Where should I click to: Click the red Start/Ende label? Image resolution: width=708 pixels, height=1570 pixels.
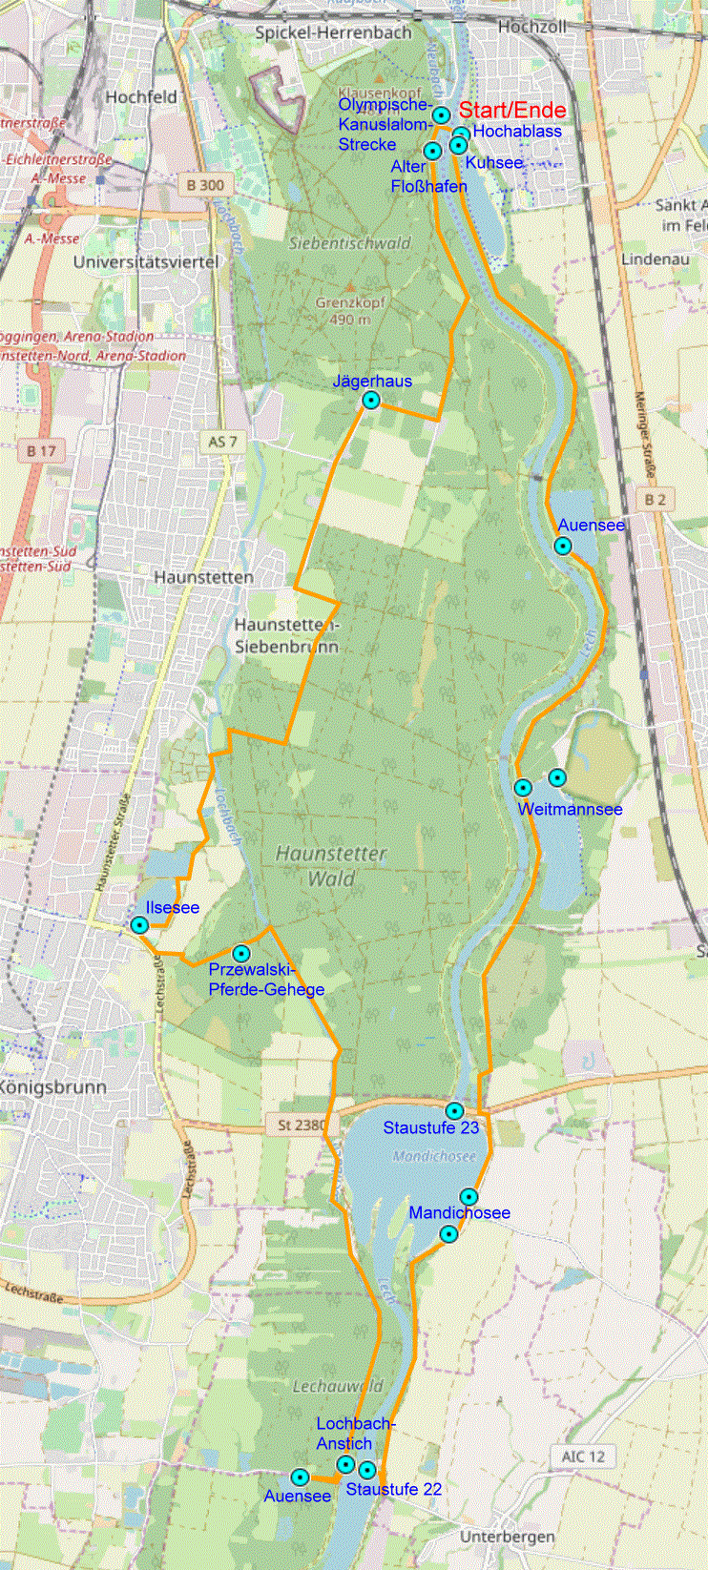click(512, 111)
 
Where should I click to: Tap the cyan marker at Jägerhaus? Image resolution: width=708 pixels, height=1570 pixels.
click(371, 401)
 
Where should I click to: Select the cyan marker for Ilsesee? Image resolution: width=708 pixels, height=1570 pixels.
click(139, 925)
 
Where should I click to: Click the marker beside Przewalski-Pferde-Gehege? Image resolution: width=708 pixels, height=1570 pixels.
click(241, 954)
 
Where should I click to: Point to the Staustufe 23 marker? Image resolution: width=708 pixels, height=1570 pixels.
click(454, 1111)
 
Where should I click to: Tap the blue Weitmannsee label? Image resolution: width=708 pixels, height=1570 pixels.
click(570, 809)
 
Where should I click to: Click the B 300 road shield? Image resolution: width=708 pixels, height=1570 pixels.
click(205, 185)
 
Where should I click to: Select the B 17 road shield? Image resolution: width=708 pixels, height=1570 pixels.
click(41, 450)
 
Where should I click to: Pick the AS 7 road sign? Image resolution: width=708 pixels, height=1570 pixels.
click(221, 442)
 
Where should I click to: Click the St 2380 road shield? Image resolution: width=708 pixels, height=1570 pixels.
click(302, 1126)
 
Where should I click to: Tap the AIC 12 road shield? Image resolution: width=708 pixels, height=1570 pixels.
click(583, 1456)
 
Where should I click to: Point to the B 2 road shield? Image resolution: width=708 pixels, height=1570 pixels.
click(655, 500)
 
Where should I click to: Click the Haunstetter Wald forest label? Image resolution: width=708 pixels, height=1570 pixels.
click(331, 866)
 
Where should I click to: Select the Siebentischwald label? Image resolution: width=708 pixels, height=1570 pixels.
click(349, 243)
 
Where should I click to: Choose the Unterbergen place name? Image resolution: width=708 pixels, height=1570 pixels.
click(507, 1537)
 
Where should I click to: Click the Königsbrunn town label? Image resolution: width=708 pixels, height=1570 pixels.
click(53, 1086)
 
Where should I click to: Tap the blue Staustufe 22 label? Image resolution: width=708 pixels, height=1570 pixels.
click(393, 1489)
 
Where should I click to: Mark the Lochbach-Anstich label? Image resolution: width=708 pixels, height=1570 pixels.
click(354, 1434)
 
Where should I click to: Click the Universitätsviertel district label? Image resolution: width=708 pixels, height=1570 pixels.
click(146, 261)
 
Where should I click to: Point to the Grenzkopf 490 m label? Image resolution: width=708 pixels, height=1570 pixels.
click(350, 311)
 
